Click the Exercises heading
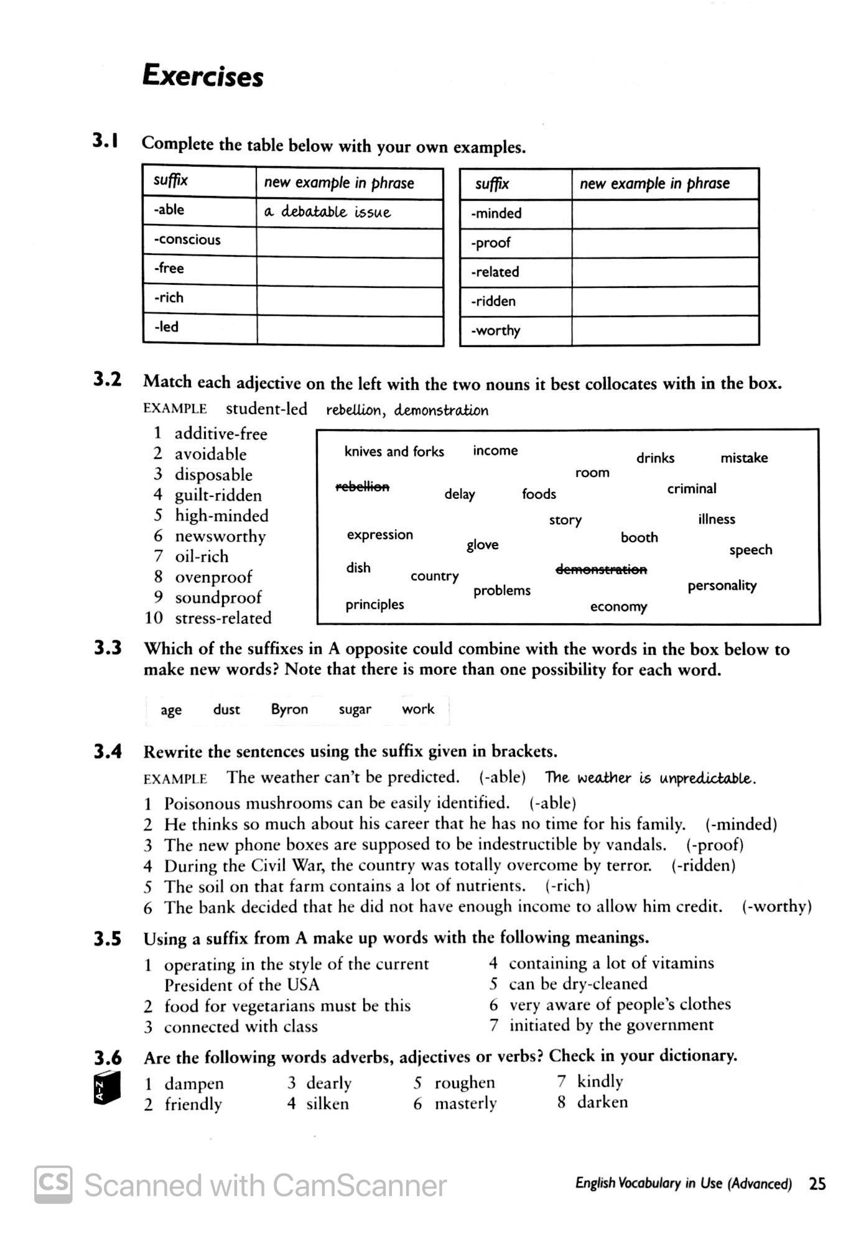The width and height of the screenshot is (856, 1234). tap(203, 76)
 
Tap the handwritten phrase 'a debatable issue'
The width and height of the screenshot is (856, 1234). tap(327, 212)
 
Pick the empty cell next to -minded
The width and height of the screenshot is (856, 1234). tap(664, 213)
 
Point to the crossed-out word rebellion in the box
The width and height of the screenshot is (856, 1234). tap(363, 486)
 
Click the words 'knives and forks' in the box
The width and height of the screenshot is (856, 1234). tap(394, 452)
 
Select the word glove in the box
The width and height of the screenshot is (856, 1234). tap(483, 545)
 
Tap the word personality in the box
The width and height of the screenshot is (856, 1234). tap(722, 586)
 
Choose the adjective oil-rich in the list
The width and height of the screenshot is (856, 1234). tap(202, 557)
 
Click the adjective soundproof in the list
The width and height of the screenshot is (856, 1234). tap(218, 598)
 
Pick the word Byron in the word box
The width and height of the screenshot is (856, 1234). tap(289, 710)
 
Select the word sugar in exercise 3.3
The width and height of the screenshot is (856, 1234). tap(355, 710)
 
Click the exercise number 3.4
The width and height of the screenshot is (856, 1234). tap(108, 752)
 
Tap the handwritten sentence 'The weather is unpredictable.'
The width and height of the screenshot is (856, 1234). tap(650, 778)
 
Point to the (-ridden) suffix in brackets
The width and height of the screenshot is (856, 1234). tap(703, 865)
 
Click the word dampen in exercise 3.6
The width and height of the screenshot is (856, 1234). tap(193, 1083)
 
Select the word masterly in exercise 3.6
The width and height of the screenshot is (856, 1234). tap(465, 1104)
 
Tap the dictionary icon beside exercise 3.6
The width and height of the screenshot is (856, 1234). tap(106, 1088)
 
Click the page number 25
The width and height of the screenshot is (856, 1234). tap(817, 1184)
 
